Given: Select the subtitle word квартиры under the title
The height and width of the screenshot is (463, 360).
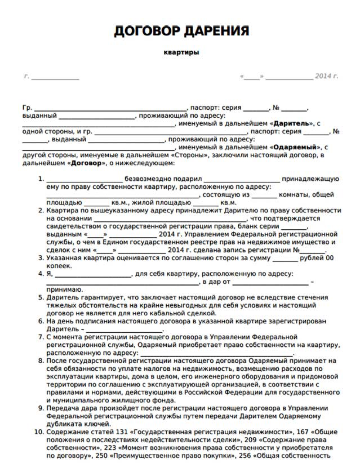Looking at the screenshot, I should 181,52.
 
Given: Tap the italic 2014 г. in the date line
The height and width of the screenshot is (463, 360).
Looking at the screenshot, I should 326,76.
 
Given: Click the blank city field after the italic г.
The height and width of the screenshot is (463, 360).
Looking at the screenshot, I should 55,77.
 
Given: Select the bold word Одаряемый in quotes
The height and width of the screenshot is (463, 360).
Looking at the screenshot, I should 295,147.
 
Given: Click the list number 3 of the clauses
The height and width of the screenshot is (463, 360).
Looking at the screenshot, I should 41,258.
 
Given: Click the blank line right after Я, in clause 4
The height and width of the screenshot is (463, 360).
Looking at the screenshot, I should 93,275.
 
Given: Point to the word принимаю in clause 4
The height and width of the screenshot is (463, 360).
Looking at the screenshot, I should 65,290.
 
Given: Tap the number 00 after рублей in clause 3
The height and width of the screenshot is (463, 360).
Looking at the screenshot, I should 329,258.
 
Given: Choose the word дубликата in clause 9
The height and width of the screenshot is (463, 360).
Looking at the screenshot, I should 62,424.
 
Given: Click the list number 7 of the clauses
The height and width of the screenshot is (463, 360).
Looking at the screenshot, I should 41,337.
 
